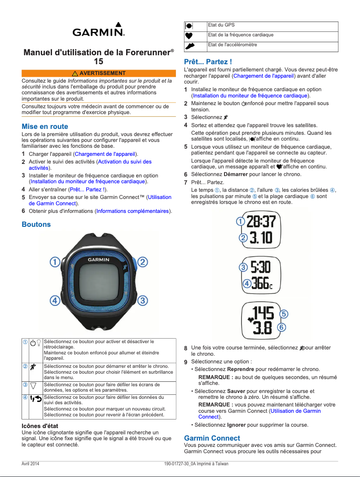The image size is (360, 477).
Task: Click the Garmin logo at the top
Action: (x=99, y=30)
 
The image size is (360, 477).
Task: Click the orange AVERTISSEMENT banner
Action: (x=99, y=73)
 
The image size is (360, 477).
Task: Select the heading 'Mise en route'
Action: (x=45, y=127)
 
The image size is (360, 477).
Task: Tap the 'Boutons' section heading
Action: (x=36, y=224)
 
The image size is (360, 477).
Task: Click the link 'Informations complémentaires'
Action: (x=132, y=211)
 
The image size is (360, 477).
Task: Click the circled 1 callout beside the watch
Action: (x=55, y=261)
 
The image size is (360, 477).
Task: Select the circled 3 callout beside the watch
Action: (x=142, y=300)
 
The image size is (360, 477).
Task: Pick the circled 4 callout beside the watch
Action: (x=55, y=300)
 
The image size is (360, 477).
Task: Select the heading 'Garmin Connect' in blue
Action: (x=212, y=438)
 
